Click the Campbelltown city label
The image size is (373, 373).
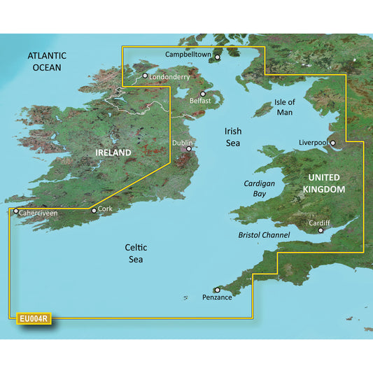(x=188, y=54)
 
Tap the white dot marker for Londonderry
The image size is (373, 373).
(x=145, y=76)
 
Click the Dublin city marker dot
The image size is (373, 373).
(x=188, y=148)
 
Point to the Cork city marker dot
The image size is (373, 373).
(x=94, y=210)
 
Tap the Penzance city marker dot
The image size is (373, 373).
(x=218, y=290)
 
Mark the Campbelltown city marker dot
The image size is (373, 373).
(x=217, y=58)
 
